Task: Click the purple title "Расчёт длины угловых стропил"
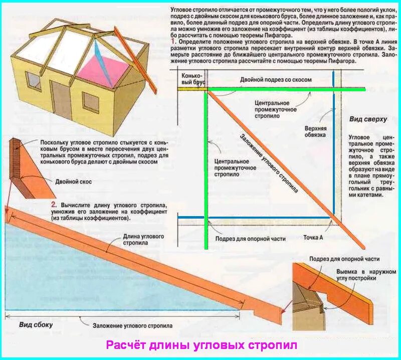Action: click(x=201, y=345)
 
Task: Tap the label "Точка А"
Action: click(x=313, y=237)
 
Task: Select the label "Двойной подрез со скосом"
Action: click(x=276, y=80)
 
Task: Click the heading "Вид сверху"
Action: click(x=368, y=119)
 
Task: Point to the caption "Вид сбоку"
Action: click(x=36, y=324)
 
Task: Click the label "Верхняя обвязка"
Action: click(x=316, y=131)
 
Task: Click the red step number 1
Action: click(x=173, y=42)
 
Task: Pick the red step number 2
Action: click(x=54, y=205)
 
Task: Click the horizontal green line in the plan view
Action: click(x=286, y=89)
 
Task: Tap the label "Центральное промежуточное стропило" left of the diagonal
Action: click(x=232, y=167)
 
